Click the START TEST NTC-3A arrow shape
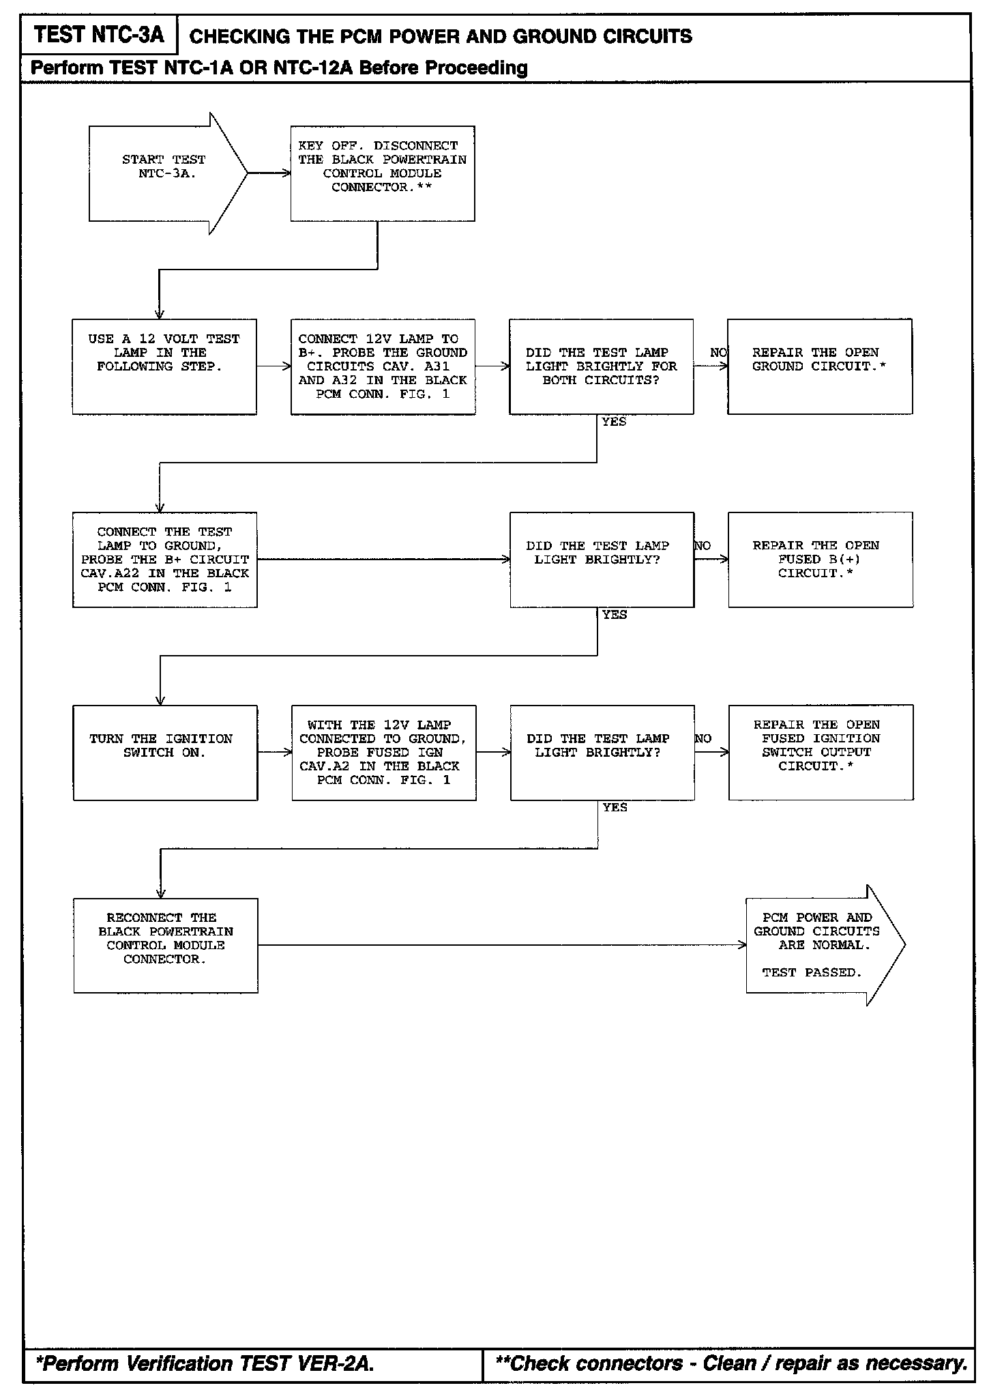pyautogui.click(x=164, y=173)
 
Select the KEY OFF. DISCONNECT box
pyautogui.click(x=382, y=173)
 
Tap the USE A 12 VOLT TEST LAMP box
pyautogui.click(x=164, y=366)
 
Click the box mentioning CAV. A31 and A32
pyautogui.click(x=383, y=366)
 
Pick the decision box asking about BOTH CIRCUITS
pyautogui.click(x=601, y=366)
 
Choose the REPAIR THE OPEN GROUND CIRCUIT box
pyautogui.click(x=819, y=366)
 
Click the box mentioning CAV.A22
pyautogui.click(x=164, y=560)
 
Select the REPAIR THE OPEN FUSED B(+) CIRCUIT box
pyautogui.click(x=820, y=560)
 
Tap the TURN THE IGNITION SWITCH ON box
pyautogui.click(x=165, y=753)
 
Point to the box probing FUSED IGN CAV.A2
pyautogui.click(x=383, y=753)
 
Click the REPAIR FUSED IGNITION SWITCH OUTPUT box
pyautogui.click(x=821, y=753)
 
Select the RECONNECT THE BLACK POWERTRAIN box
pyautogui.click(x=165, y=945)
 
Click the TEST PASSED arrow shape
pyautogui.click(x=818, y=945)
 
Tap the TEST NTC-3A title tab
pyautogui.click(x=99, y=35)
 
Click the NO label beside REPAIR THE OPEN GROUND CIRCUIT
pyautogui.click(x=718, y=353)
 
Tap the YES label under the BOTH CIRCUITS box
pyautogui.click(x=614, y=422)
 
